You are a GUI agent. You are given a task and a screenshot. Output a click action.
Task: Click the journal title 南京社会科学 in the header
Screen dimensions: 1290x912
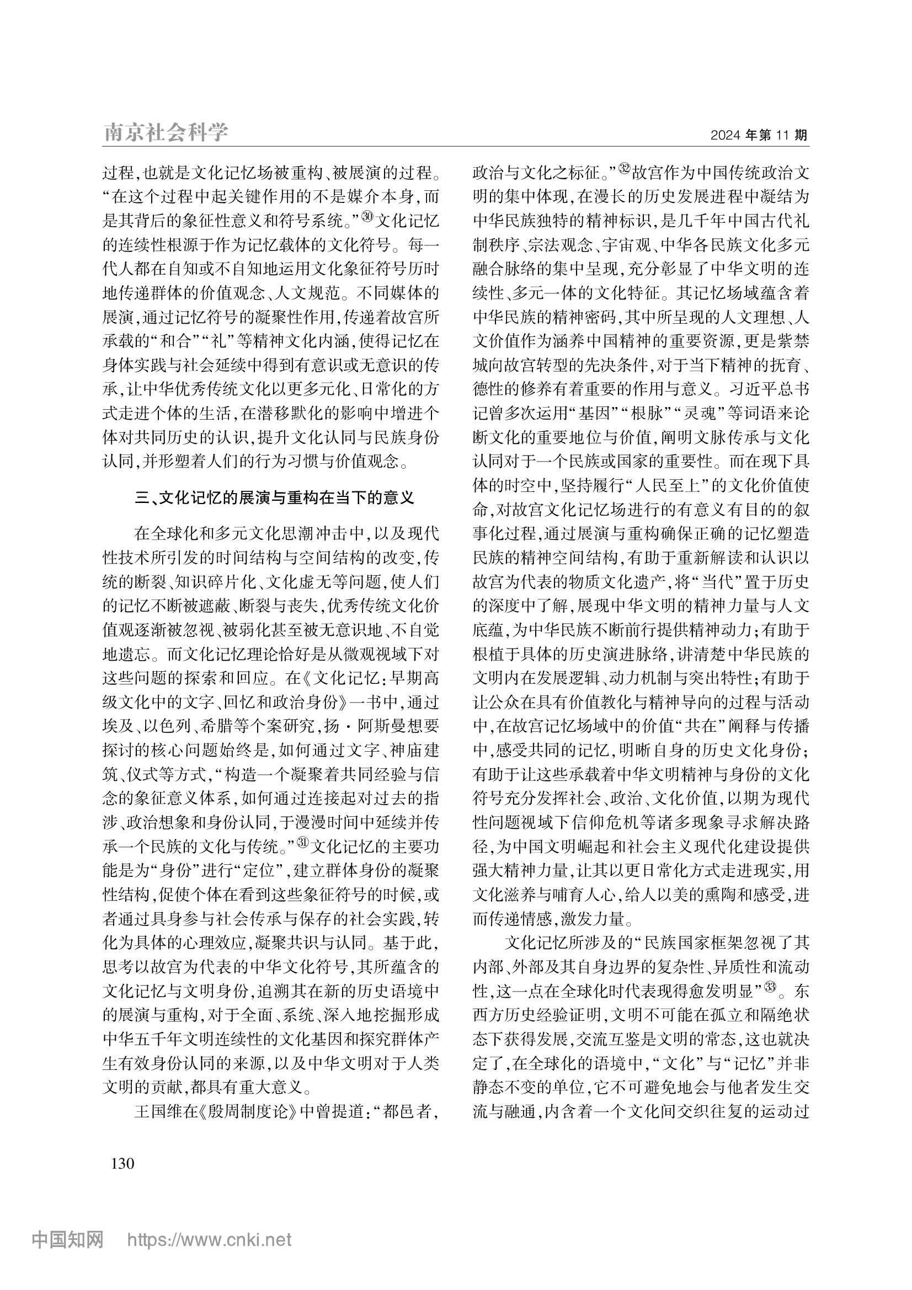166,132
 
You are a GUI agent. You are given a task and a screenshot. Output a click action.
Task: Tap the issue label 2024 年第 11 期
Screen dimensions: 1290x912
759,136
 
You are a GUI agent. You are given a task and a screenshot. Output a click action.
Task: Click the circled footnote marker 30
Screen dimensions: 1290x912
366,216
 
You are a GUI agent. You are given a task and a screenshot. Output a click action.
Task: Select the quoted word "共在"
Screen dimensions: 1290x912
700,726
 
